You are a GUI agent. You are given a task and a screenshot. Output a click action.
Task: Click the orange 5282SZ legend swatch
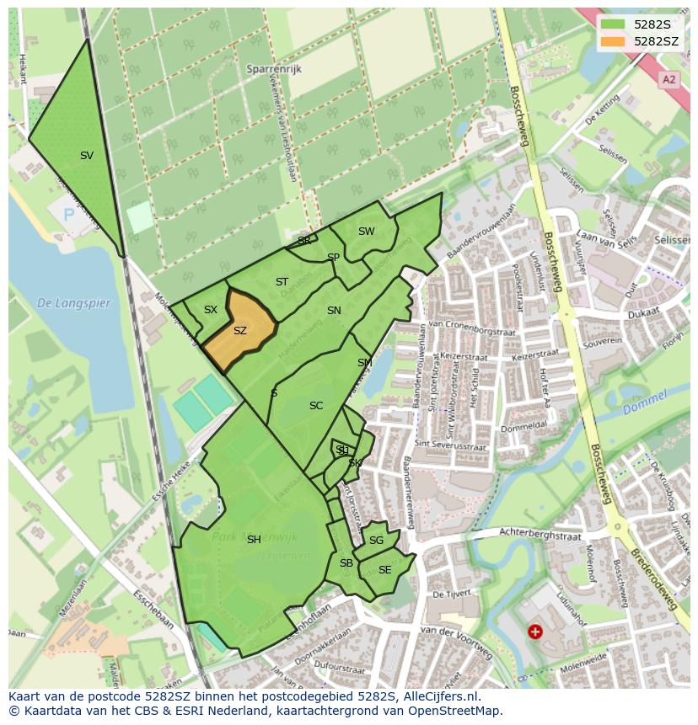[613, 41]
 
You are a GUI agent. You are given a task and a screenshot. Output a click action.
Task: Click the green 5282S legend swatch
[613, 24]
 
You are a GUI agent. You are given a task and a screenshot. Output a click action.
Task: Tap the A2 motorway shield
[669, 79]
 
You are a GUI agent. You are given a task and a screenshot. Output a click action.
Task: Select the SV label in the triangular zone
[87, 155]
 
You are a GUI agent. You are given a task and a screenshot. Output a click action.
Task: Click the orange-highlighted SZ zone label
[240, 331]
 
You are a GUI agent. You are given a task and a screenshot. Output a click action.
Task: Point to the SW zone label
[366, 232]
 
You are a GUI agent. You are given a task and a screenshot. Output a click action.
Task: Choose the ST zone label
[282, 282]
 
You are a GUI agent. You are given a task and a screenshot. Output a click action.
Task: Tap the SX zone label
[211, 310]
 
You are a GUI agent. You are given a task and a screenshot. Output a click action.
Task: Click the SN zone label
[334, 311]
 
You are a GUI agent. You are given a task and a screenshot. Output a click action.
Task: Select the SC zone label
[316, 406]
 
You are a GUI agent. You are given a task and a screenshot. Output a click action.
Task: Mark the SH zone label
[254, 540]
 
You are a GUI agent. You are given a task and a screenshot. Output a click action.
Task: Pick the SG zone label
[376, 541]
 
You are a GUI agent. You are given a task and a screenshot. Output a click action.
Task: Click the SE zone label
[384, 570]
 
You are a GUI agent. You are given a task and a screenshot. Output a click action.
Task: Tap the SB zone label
[346, 563]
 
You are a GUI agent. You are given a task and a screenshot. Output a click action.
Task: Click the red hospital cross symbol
[534, 631]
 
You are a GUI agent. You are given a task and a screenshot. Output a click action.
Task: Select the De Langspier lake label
[73, 303]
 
